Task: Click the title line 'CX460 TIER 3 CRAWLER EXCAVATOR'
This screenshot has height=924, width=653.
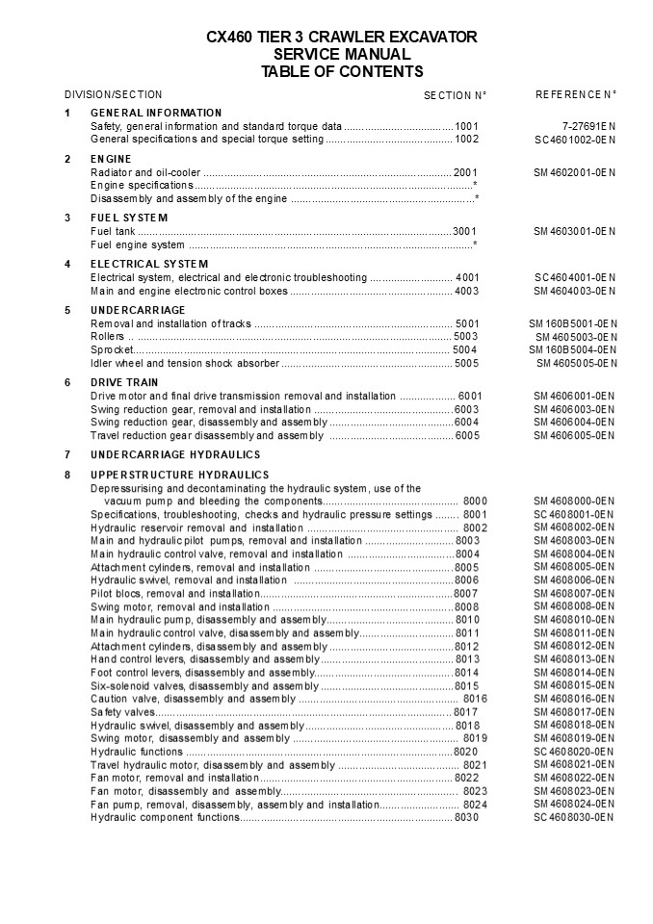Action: point(342,38)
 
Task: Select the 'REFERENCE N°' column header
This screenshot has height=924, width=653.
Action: point(575,94)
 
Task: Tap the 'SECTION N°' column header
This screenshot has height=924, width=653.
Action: point(455,95)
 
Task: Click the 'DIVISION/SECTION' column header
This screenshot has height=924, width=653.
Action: point(113,94)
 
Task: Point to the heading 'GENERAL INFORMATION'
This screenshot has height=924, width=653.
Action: point(156,113)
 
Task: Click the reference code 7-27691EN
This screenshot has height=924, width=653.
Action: point(588,126)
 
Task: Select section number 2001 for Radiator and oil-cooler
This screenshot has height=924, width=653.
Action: point(466,172)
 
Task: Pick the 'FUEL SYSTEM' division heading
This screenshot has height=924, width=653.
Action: point(129,218)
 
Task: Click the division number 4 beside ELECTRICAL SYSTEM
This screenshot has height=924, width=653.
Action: point(67,264)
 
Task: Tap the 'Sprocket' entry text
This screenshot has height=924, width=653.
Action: point(112,349)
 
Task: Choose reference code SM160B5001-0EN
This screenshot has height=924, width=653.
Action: point(575,323)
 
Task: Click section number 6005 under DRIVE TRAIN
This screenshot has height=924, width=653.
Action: point(467,435)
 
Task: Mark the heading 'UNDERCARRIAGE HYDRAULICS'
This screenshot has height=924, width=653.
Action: point(175,454)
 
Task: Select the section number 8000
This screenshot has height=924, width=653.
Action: point(475,501)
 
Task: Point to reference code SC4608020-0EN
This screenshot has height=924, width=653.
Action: point(574,751)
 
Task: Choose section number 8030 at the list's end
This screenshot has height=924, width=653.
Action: point(466,817)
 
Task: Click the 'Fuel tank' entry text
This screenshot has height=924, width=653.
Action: point(112,231)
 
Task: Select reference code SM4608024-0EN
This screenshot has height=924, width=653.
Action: point(574,804)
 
